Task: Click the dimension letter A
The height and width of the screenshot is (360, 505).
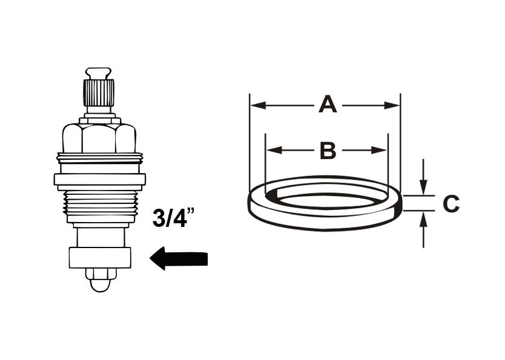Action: [327, 105]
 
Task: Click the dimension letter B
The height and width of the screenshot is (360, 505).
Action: [328, 151]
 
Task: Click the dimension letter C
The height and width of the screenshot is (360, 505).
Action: [451, 204]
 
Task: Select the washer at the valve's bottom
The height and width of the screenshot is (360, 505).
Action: [99, 258]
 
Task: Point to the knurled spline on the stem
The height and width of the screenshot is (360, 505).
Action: [99, 93]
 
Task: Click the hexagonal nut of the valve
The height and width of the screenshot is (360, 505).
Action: [99, 139]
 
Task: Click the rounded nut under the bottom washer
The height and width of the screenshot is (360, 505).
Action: [99, 280]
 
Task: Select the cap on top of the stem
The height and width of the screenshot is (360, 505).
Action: [99, 73]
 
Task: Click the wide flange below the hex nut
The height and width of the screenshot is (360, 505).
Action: [99, 178]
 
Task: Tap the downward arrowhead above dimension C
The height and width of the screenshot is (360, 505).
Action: [424, 188]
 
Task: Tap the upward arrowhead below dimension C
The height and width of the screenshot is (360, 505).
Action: [424, 218]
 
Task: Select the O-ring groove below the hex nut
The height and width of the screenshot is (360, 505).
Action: [99, 159]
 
